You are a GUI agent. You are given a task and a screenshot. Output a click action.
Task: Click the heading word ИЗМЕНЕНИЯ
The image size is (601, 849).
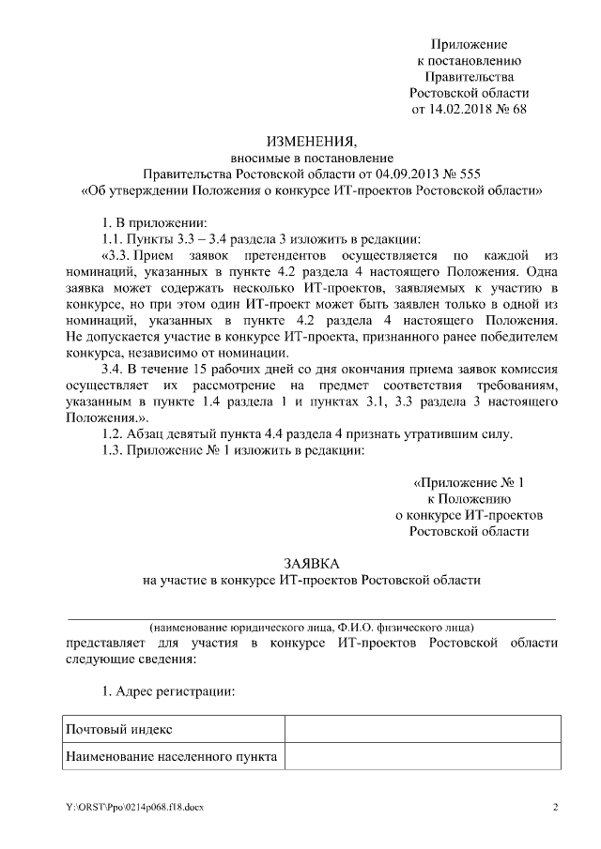[310, 142]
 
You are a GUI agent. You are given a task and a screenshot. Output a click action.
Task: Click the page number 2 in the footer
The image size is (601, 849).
[555, 807]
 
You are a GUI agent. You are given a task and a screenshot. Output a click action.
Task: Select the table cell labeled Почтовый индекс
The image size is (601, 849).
[118, 729]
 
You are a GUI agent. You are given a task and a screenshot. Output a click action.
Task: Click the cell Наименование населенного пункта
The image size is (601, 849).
[170, 755]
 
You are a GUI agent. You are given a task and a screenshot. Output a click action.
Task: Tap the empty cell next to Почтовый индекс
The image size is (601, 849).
[423, 729]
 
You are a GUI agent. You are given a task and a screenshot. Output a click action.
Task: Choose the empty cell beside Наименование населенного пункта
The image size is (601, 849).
[423, 755]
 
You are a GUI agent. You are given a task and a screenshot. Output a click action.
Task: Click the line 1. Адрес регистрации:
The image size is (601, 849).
[168, 690]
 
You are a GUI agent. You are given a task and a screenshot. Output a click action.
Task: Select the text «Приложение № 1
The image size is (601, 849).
[469, 483]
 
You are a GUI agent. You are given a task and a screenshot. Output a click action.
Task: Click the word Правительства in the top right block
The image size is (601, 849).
[469, 77]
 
